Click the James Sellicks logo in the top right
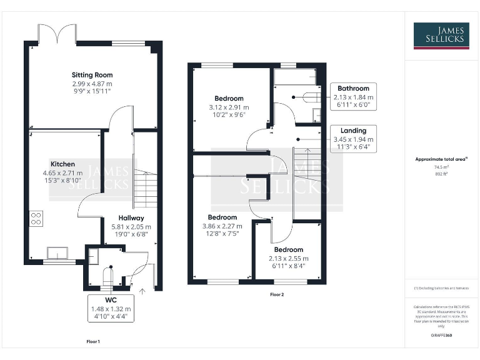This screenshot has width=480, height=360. tap(442, 36)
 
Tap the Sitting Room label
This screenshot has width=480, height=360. tap(92, 75)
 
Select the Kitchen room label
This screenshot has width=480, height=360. tap(63, 164)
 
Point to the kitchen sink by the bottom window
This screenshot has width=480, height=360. tap(59, 252)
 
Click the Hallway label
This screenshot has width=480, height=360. tap(131, 218)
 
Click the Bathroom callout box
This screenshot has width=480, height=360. tap(354, 97)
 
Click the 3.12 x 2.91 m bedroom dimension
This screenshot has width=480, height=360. tap(229, 107)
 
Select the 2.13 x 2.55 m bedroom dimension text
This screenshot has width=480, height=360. tap(288, 258)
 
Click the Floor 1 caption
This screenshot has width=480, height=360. tap(92, 342)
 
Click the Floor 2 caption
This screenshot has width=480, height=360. tap(277, 294)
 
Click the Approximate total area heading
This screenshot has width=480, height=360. tap(441, 159)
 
